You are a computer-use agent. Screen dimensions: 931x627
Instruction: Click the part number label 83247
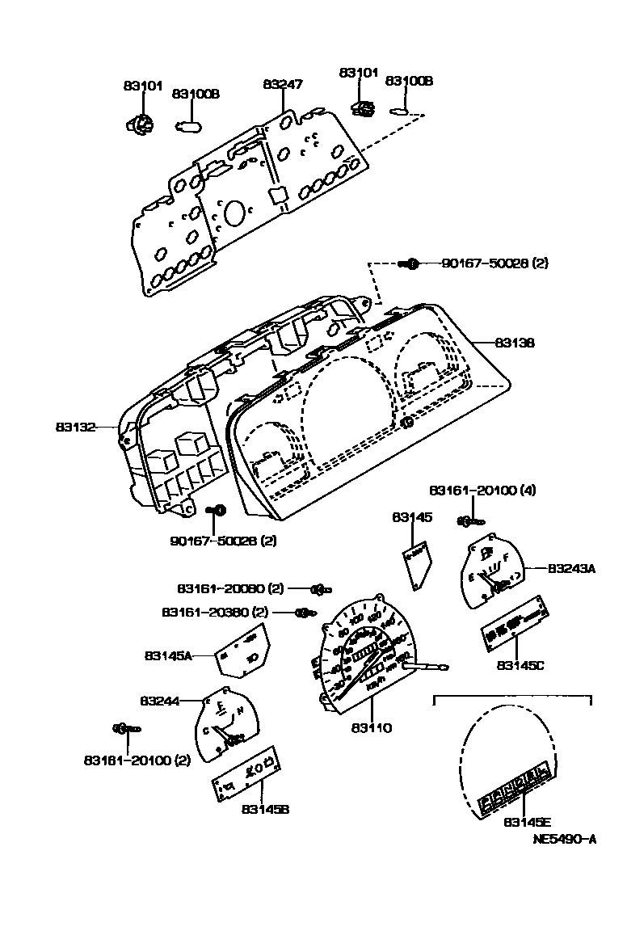pyautogui.click(x=282, y=84)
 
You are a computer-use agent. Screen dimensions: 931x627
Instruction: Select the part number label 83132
pyautogui.click(x=76, y=426)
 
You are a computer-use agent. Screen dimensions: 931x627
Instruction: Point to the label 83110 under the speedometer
pyautogui.click(x=371, y=728)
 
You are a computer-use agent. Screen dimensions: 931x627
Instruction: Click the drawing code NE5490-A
pyautogui.click(x=564, y=839)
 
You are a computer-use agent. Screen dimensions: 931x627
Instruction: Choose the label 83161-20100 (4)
pyautogui.click(x=482, y=491)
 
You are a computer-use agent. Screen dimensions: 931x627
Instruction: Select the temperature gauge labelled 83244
pyautogui.click(x=227, y=722)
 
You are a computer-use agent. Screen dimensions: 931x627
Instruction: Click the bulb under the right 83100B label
pyautogui.click(x=401, y=112)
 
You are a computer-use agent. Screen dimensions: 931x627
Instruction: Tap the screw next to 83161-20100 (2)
pyautogui.click(x=126, y=728)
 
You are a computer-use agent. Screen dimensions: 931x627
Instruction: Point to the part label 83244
pyautogui.click(x=162, y=701)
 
